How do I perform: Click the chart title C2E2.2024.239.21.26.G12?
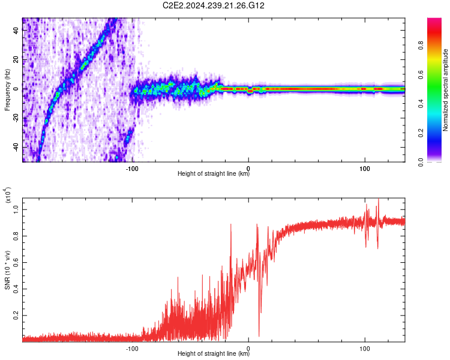coord(214,6)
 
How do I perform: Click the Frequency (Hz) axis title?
coord(8,90)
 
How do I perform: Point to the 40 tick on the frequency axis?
coord(16,31)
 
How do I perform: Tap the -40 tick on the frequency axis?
coord(15,147)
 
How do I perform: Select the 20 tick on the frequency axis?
coord(16,59)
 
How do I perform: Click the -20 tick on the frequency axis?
coord(15,118)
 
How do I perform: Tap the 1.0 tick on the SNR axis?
coord(16,208)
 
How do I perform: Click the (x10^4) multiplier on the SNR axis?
coord(8,195)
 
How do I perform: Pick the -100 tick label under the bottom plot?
coord(132,347)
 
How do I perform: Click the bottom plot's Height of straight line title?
coord(214,354)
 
